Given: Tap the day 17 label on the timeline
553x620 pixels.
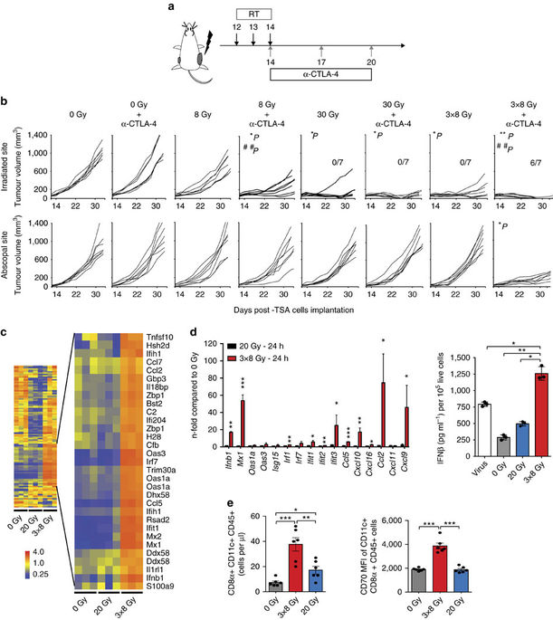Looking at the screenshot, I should click(x=321, y=61).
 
